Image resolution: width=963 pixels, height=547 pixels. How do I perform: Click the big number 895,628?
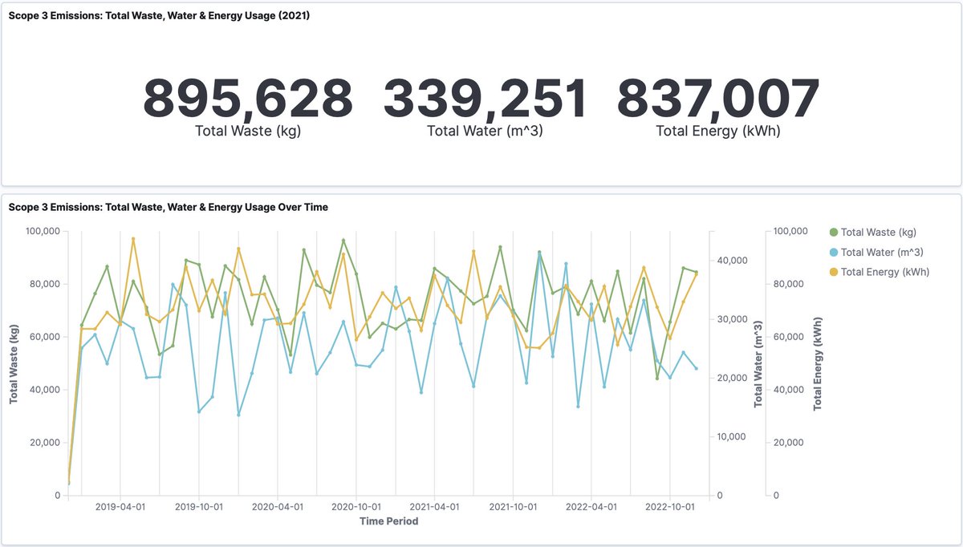click(x=248, y=99)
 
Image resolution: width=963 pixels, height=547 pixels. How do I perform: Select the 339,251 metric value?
click(x=486, y=99)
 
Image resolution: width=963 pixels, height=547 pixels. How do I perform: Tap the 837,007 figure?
click(x=718, y=99)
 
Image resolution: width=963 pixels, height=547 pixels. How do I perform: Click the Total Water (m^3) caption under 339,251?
click(x=486, y=131)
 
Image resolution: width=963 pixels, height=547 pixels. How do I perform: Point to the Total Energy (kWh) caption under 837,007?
click(x=718, y=131)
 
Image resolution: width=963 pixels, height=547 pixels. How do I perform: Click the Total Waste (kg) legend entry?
click(x=878, y=233)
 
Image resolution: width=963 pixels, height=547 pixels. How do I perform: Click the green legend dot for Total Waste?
click(x=833, y=233)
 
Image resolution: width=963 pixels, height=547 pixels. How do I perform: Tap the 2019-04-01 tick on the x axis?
click(x=120, y=507)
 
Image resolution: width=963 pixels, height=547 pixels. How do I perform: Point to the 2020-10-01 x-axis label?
click(x=356, y=507)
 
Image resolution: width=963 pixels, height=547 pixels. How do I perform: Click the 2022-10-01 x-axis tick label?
click(x=670, y=507)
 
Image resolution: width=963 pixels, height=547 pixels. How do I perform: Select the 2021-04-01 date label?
click(x=434, y=507)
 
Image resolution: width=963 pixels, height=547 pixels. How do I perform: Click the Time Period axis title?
click(x=389, y=521)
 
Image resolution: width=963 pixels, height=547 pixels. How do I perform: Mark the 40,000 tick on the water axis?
click(x=733, y=261)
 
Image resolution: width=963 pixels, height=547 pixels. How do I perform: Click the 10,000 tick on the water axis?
click(x=733, y=437)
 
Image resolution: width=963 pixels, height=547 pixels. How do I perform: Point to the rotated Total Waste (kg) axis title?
click(x=14, y=363)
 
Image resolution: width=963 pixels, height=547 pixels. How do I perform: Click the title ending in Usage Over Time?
click(x=169, y=207)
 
